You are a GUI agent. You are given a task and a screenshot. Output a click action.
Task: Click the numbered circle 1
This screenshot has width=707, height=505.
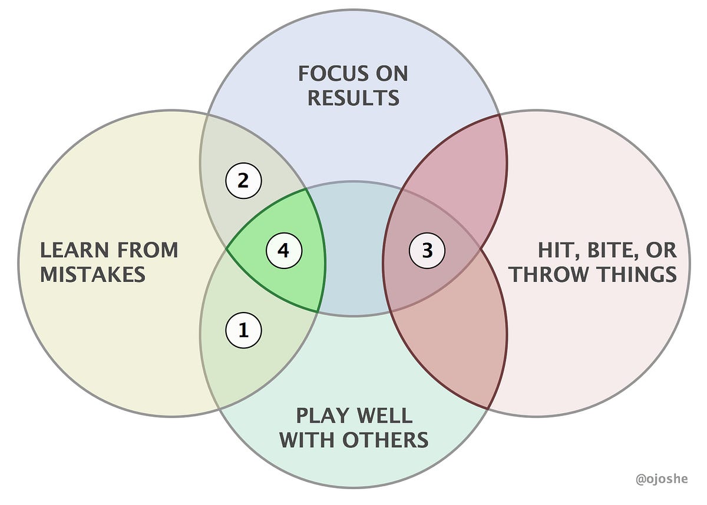(243, 331)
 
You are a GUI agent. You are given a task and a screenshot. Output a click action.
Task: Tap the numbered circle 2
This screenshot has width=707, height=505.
(243, 181)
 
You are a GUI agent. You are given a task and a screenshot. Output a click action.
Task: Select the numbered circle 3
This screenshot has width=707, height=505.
(427, 251)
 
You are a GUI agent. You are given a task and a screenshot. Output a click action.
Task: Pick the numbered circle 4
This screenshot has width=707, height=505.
(284, 251)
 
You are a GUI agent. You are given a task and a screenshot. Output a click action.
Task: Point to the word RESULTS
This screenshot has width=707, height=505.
(353, 98)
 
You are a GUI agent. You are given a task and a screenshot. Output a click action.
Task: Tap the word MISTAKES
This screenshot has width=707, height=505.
(92, 274)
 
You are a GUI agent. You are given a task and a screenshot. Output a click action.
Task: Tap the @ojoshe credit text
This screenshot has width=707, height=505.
(662, 480)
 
